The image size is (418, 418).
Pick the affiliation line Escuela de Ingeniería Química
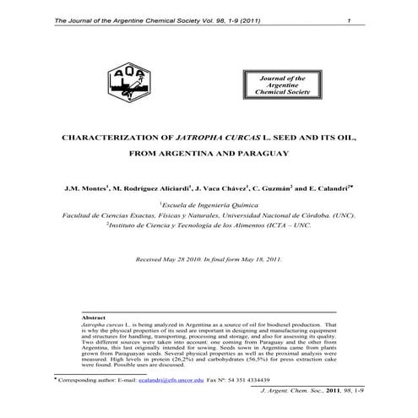tap(209, 204)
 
